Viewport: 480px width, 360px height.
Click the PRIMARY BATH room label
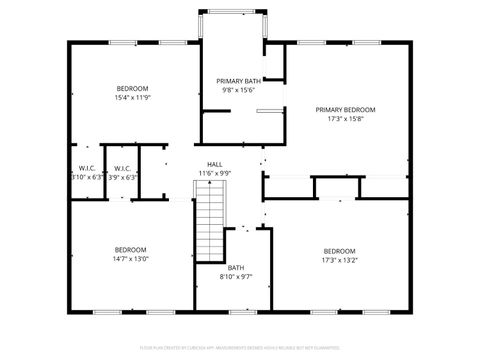click(238, 80)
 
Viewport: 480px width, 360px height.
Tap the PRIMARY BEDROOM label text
click(345, 109)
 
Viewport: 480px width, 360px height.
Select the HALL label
click(215, 164)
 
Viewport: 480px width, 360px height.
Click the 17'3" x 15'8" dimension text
click(345, 119)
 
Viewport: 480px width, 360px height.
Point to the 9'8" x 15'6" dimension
click(238, 90)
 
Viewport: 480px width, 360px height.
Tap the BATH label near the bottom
click(236, 267)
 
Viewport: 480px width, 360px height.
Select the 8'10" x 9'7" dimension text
click(236, 277)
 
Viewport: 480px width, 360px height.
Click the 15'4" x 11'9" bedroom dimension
click(132, 98)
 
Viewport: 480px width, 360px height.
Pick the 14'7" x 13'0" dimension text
click(130, 259)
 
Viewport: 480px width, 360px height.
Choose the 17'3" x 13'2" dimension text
click(339, 260)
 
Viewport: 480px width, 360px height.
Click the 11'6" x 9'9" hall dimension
click(215, 173)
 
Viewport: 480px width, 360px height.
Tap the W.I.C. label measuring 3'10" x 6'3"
click(87, 168)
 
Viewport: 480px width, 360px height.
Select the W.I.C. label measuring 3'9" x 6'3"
click(123, 168)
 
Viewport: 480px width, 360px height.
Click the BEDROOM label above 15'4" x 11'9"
click(132, 88)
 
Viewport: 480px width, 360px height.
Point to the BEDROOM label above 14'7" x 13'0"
click(130, 249)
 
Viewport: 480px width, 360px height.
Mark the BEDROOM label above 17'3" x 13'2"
click(339, 250)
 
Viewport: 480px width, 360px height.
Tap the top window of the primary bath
click(237, 11)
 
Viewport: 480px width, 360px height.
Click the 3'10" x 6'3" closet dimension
click(87, 177)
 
